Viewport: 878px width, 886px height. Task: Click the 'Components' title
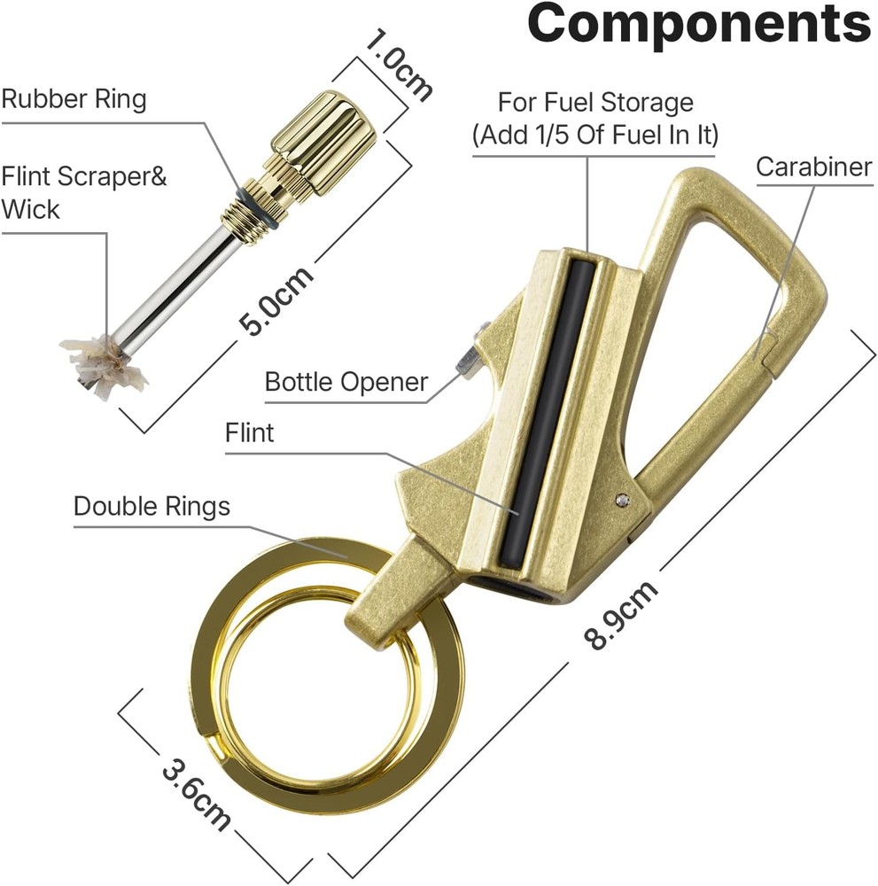click(699, 23)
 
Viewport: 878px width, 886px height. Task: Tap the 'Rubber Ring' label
click(74, 99)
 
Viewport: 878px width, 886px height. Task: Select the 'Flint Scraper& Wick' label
click(83, 192)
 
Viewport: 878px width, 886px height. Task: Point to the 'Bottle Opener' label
click(346, 382)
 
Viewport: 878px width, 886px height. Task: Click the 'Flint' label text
click(249, 433)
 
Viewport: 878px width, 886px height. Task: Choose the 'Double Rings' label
click(152, 506)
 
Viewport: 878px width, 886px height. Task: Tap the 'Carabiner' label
click(814, 167)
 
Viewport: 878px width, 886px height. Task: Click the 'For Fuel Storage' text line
click(595, 102)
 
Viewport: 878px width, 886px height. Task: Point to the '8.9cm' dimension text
click(620, 614)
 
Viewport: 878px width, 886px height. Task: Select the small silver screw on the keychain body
click(623, 498)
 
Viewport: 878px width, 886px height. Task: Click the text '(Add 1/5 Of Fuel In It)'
click(595, 135)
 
